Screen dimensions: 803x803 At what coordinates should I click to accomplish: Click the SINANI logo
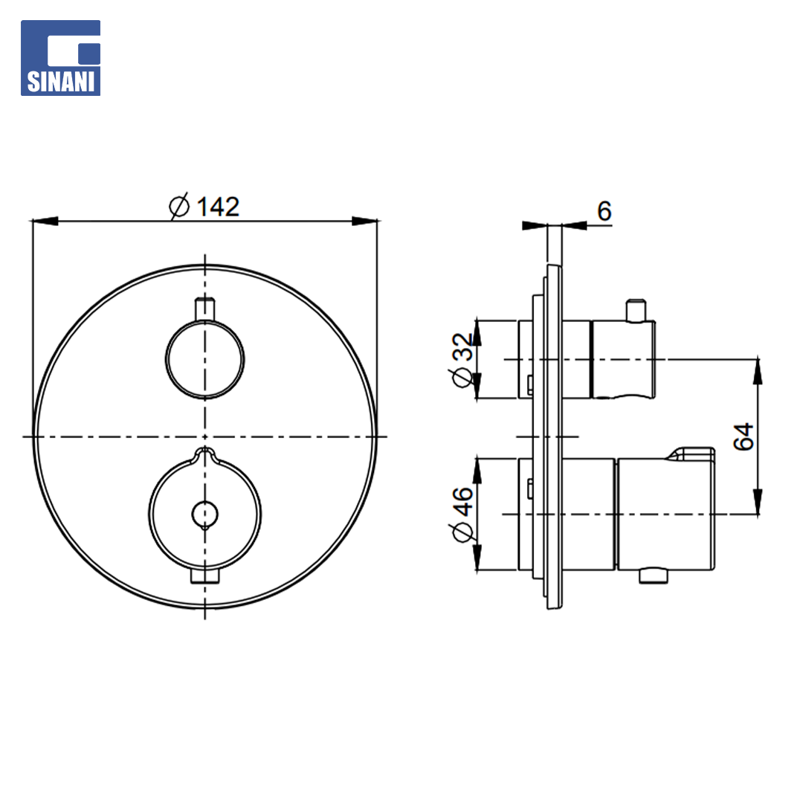[x=60, y=58]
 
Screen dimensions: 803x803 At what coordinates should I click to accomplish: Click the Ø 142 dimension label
[x=204, y=207]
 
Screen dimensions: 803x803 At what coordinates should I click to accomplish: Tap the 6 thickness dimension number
[x=604, y=211]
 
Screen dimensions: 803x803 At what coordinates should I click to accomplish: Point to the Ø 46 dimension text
[x=462, y=515]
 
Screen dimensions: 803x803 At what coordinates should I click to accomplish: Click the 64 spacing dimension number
[x=743, y=437]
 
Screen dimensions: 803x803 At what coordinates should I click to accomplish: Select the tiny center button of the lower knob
[x=205, y=515]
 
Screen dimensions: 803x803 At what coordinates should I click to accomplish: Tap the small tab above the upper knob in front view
[x=205, y=309]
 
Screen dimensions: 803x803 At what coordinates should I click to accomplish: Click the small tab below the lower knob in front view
[x=205, y=575]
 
